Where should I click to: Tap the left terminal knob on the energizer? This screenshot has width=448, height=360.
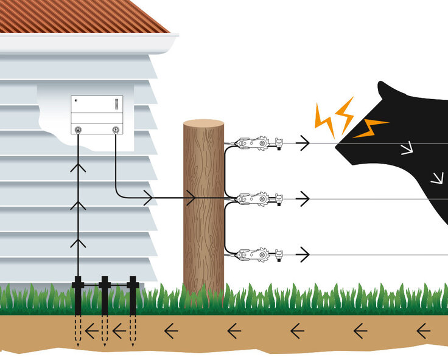click(x=79, y=130)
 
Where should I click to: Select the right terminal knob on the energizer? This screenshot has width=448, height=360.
click(x=116, y=130)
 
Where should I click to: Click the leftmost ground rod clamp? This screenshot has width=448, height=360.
click(x=78, y=283)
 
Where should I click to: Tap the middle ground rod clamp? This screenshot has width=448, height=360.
click(x=105, y=283)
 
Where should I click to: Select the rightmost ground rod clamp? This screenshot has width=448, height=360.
click(x=133, y=283)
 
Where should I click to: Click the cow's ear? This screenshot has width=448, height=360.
click(x=385, y=91)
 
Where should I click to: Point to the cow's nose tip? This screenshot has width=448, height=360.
click(x=338, y=144)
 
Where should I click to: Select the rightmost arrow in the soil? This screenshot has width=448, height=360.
click(x=423, y=331)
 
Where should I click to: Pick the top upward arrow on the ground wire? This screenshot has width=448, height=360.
click(x=79, y=167)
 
